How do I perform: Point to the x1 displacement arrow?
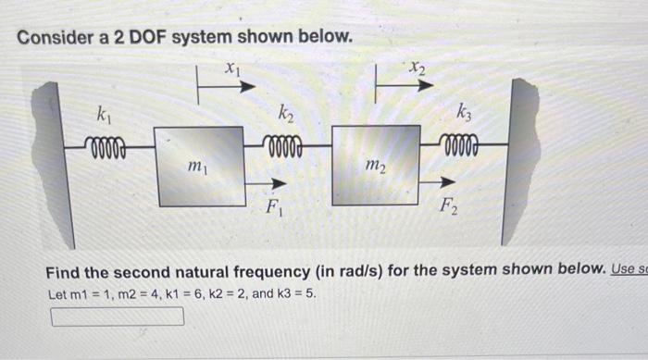pyautogui.click(x=227, y=88)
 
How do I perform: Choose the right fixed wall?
pyautogui.click(x=522, y=157)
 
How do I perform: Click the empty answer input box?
pyautogui.click(x=117, y=317)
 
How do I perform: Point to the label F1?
pyautogui.click(x=275, y=205)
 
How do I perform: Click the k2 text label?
pyautogui.click(x=284, y=116)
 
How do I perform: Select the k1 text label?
pyautogui.click(x=106, y=116)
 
